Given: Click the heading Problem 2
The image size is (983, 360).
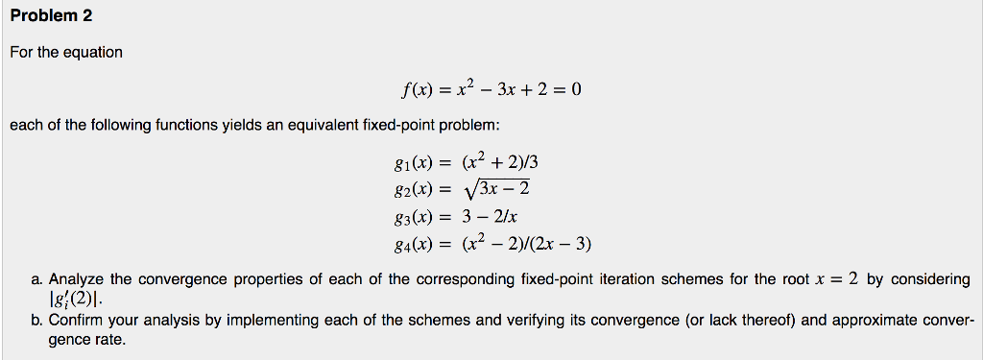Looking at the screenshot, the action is pyautogui.click(x=52, y=17).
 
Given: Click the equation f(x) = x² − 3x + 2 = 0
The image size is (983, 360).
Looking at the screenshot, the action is pyautogui.click(x=491, y=91).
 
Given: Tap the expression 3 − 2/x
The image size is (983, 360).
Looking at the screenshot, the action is pyautogui.click(x=491, y=216).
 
